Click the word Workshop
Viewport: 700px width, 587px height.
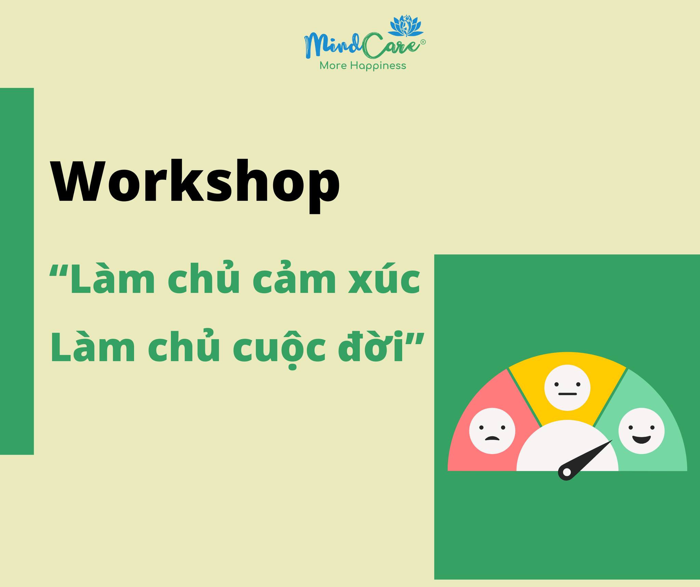(195, 185)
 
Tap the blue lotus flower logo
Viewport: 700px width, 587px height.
(406, 26)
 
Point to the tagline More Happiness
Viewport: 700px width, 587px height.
(363, 66)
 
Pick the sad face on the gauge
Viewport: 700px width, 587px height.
(492, 431)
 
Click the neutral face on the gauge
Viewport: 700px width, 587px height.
(567, 388)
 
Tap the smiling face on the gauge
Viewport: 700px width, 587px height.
(642, 431)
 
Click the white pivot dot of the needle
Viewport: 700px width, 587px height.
(566, 472)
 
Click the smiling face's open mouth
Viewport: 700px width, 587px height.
(642, 439)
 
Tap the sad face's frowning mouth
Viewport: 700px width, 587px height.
(492, 439)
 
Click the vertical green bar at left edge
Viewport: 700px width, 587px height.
(17, 271)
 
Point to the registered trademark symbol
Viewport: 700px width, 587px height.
(423, 42)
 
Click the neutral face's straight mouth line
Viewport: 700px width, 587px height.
(567, 394)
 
